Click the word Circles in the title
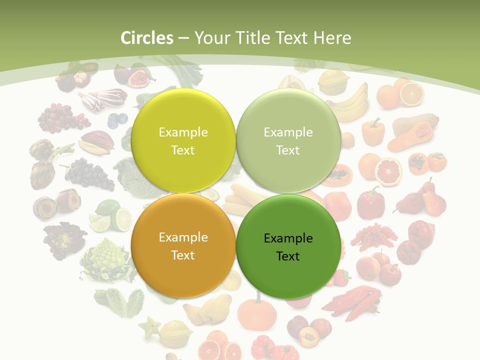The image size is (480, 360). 146,38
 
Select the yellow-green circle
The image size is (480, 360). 183,140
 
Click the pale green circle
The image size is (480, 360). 288,140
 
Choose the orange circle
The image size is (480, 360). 183,245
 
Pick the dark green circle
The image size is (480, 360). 288,246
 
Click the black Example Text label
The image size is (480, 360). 288,247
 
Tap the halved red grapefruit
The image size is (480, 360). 388,171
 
